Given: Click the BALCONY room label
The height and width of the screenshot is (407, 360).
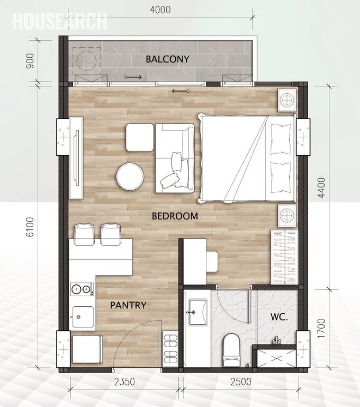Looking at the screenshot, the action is [x=167, y=59].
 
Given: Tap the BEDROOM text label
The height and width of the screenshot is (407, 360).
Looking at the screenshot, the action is [x=175, y=216].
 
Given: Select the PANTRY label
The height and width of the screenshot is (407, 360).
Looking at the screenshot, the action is [x=128, y=305].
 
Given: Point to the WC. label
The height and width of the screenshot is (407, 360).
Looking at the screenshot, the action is [x=279, y=317].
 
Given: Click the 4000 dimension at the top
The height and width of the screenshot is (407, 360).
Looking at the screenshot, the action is [x=160, y=10].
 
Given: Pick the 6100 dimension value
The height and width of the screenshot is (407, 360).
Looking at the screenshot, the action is [x=31, y=227].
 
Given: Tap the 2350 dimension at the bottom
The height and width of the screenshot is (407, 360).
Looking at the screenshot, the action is [x=124, y=382].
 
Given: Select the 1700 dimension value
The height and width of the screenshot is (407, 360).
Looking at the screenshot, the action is [x=321, y=328].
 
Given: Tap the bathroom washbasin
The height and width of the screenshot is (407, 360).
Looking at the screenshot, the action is [x=198, y=312].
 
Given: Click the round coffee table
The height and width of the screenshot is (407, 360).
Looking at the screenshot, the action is [x=130, y=176].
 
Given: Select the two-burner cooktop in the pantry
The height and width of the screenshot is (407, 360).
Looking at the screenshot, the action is [x=82, y=289].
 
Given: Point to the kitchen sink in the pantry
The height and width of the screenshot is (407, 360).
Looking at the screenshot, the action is [x=83, y=317].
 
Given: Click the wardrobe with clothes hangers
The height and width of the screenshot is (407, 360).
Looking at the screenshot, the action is [x=284, y=256].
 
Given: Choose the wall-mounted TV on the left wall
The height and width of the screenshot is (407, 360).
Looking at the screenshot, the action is [x=77, y=158].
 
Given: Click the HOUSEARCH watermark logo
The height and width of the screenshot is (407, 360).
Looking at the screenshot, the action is [x=60, y=21].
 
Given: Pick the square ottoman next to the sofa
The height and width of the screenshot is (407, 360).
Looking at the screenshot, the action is [x=140, y=137].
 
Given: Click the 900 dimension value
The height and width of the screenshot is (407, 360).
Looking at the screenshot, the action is [x=30, y=61].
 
